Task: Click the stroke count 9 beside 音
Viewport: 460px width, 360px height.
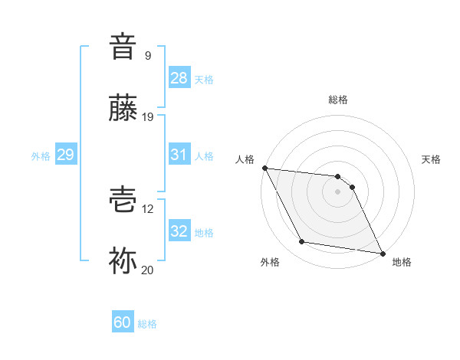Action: [148, 55]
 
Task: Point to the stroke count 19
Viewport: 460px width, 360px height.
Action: [148, 117]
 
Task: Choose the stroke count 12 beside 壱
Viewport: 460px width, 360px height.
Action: [148, 208]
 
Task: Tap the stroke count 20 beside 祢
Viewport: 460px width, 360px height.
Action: [148, 270]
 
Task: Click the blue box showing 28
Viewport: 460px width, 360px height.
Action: [179, 78]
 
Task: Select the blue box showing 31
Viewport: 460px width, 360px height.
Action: [179, 155]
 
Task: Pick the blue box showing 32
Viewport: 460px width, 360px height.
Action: [179, 231]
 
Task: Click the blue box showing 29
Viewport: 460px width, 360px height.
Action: [65, 155]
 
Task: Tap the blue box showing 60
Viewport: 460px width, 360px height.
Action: [123, 322]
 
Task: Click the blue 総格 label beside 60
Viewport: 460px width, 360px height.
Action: [147, 324]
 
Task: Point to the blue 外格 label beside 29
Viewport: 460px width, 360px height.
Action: [41, 155]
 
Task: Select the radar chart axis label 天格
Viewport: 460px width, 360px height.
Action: [432, 159]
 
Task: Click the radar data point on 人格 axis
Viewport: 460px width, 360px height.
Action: [264, 169]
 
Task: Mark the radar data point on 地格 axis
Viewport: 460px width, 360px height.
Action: [381, 252]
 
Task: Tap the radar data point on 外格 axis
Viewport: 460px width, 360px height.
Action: [302, 242]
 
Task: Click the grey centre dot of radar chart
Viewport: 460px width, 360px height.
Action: [337, 191]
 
